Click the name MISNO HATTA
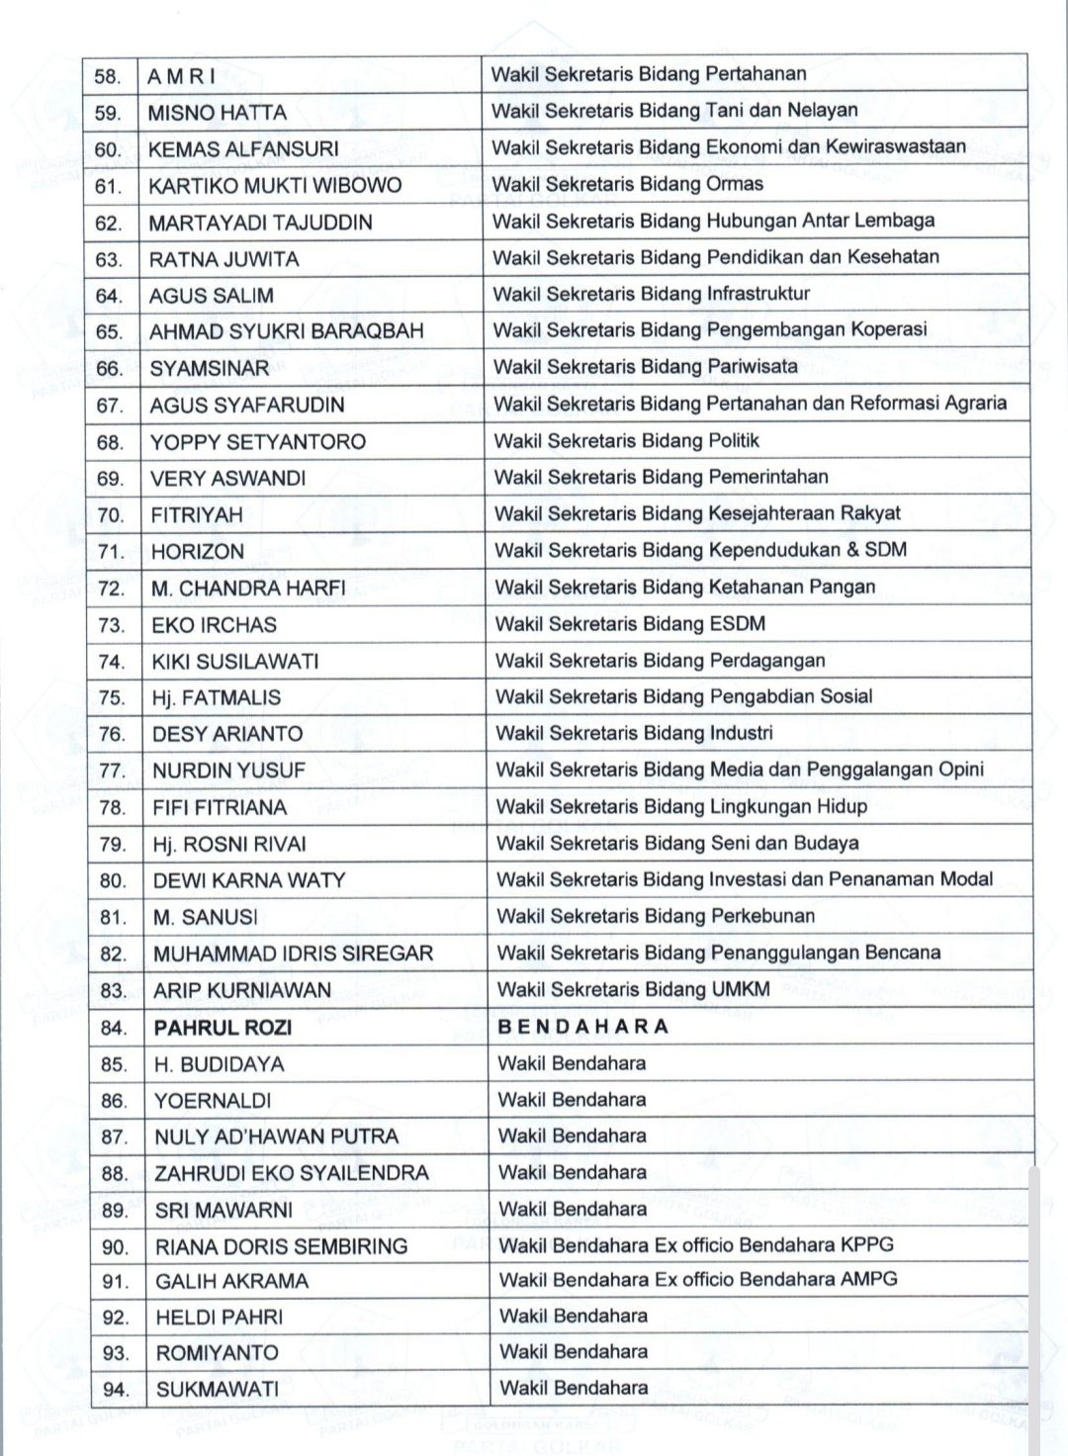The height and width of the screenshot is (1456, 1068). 217,113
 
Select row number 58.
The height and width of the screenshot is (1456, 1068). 108,77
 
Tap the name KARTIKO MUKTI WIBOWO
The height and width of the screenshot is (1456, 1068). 275,186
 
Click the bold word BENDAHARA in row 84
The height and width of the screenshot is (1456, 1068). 583,1027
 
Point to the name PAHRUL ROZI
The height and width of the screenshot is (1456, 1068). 222,1028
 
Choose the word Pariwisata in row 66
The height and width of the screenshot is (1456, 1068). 753,367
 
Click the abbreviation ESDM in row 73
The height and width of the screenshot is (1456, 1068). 738,624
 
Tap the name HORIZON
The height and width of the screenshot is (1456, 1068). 197,552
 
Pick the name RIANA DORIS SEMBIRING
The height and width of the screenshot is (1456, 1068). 281,1246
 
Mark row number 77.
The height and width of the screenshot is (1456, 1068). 112,771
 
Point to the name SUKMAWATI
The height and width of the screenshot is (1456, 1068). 218,1389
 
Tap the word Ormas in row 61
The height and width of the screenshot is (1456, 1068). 735,184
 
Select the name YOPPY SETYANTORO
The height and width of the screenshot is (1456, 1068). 257,442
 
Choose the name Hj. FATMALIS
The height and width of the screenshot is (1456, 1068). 216,697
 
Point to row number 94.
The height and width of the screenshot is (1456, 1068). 116,1390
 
